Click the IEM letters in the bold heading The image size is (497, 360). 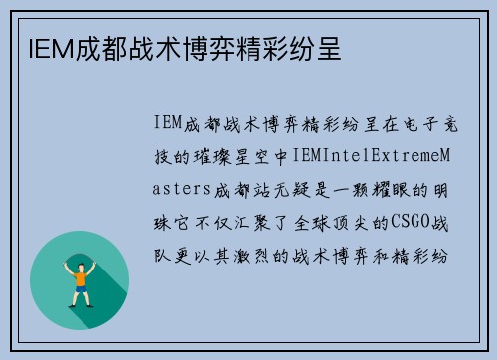[41, 46]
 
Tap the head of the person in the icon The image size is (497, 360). [80, 259]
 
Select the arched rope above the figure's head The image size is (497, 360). [80, 250]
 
